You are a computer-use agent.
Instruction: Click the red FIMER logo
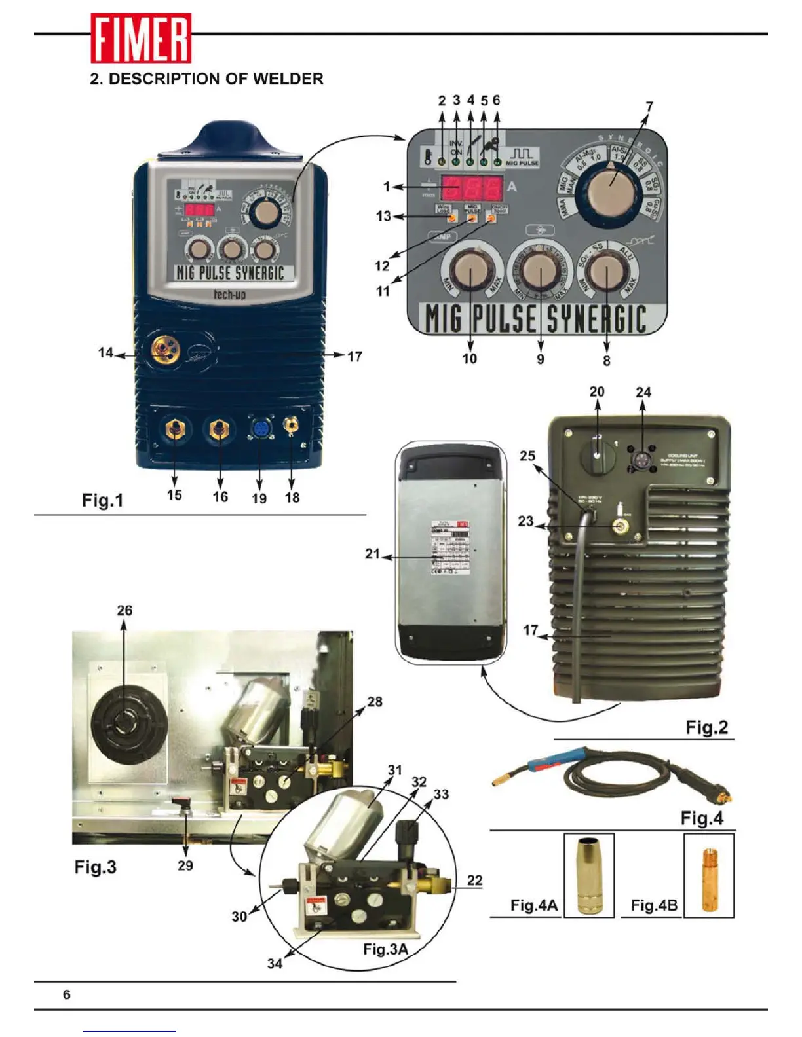[141, 38]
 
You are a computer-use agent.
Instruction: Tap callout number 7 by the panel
[649, 107]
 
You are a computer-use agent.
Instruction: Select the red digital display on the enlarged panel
[471, 188]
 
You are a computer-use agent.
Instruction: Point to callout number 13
[383, 216]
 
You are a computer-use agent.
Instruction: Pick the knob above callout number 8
[606, 272]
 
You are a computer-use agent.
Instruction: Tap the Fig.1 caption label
[102, 500]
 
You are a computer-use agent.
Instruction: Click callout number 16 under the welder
[220, 497]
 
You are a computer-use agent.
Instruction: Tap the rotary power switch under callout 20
[597, 452]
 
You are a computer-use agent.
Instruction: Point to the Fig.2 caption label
[706, 727]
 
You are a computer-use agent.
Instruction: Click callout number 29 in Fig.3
[185, 865]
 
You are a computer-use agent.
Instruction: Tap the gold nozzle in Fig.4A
[588, 874]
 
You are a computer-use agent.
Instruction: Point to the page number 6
[67, 994]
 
